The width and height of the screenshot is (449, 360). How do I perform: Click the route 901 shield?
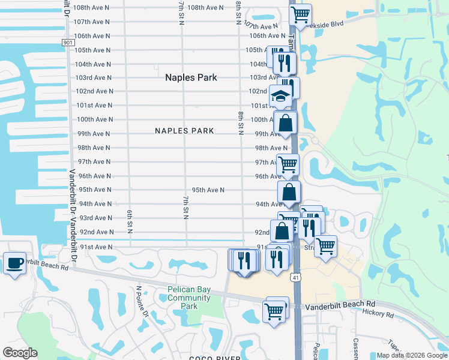click(68, 43)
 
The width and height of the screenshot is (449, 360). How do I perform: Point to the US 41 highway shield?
click(294, 277)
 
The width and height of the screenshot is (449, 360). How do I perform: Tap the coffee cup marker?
click(14, 263)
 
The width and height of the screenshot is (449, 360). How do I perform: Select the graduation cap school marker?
click(280, 95)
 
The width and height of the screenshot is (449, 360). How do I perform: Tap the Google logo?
click(20, 353)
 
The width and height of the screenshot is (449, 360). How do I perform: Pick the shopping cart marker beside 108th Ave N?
click(300, 13)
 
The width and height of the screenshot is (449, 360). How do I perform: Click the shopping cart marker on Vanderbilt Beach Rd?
click(274, 311)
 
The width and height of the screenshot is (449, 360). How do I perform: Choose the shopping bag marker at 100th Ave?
click(286, 123)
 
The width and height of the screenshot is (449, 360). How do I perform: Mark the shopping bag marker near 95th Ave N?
click(289, 193)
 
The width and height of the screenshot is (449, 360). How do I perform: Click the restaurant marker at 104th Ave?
click(284, 62)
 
